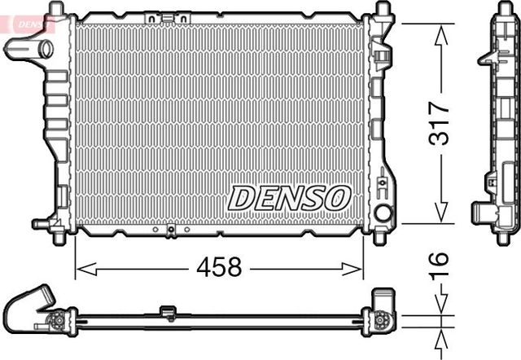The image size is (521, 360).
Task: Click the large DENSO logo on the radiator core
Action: coord(289,197)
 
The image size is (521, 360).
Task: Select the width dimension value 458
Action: coord(219,267)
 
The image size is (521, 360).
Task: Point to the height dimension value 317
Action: coord(440,123)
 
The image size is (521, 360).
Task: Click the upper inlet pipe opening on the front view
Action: coord(46,48)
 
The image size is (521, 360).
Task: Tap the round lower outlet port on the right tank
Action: coord(382,214)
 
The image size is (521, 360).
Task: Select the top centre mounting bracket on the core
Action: coord(160,16)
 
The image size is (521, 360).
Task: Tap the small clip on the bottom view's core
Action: coord(169,312)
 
